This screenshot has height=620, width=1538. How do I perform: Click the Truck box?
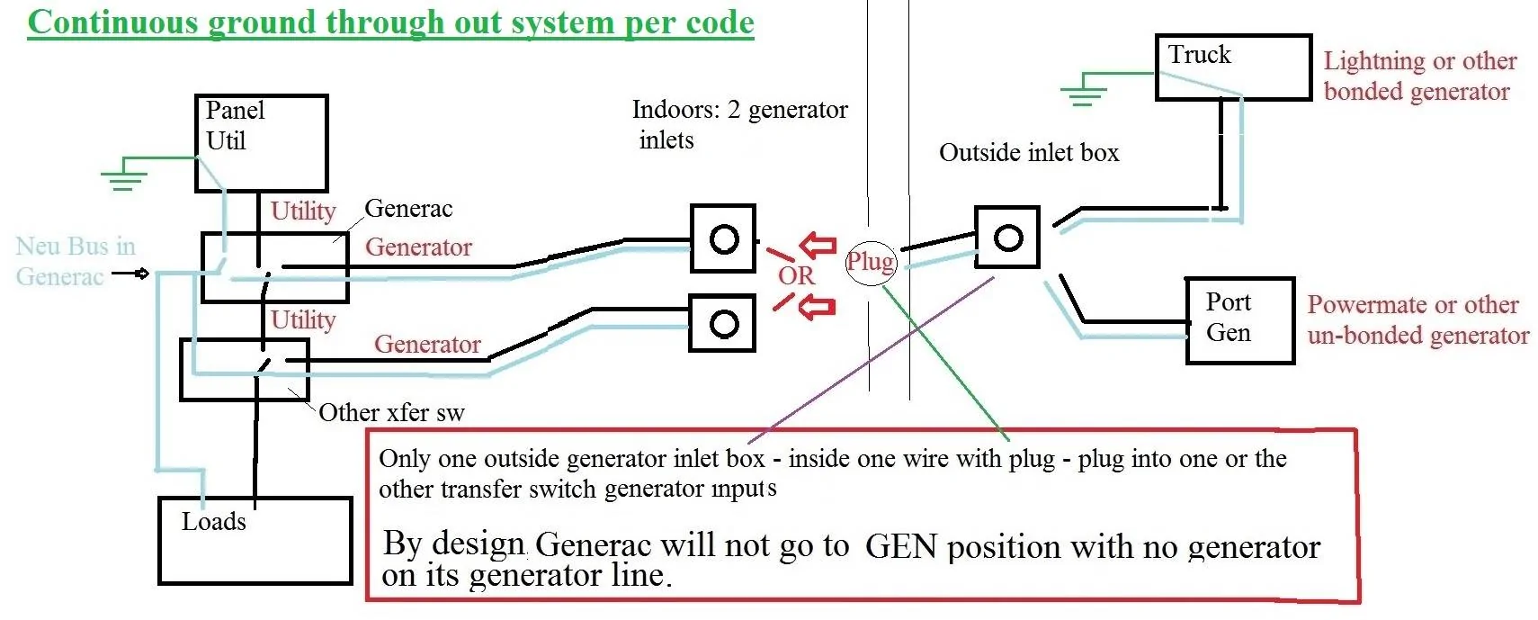[x=1232, y=67]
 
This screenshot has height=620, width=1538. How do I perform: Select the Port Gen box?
[x=1239, y=320]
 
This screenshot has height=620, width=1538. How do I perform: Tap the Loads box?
[x=255, y=540]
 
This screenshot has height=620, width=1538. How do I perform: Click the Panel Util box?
[x=261, y=143]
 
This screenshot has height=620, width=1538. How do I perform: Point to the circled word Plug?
[x=871, y=262]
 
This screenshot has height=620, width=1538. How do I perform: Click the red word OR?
[x=796, y=275]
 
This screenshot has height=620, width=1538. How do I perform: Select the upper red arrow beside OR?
[x=818, y=245]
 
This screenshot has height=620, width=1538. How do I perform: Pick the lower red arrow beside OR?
[x=818, y=308]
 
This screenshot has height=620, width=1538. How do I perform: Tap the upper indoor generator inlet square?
[x=722, y=238]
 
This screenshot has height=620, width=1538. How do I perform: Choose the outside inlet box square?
[x=1007, y=238]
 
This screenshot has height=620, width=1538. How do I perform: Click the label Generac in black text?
[x=408, y=209]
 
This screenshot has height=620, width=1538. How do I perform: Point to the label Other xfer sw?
[x=391, y=412]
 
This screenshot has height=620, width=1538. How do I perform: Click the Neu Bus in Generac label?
[x=76, y=261]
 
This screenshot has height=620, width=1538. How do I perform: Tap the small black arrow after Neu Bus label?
[x=131, y=273]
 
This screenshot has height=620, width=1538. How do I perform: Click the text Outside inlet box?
[x=1029, y=153]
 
